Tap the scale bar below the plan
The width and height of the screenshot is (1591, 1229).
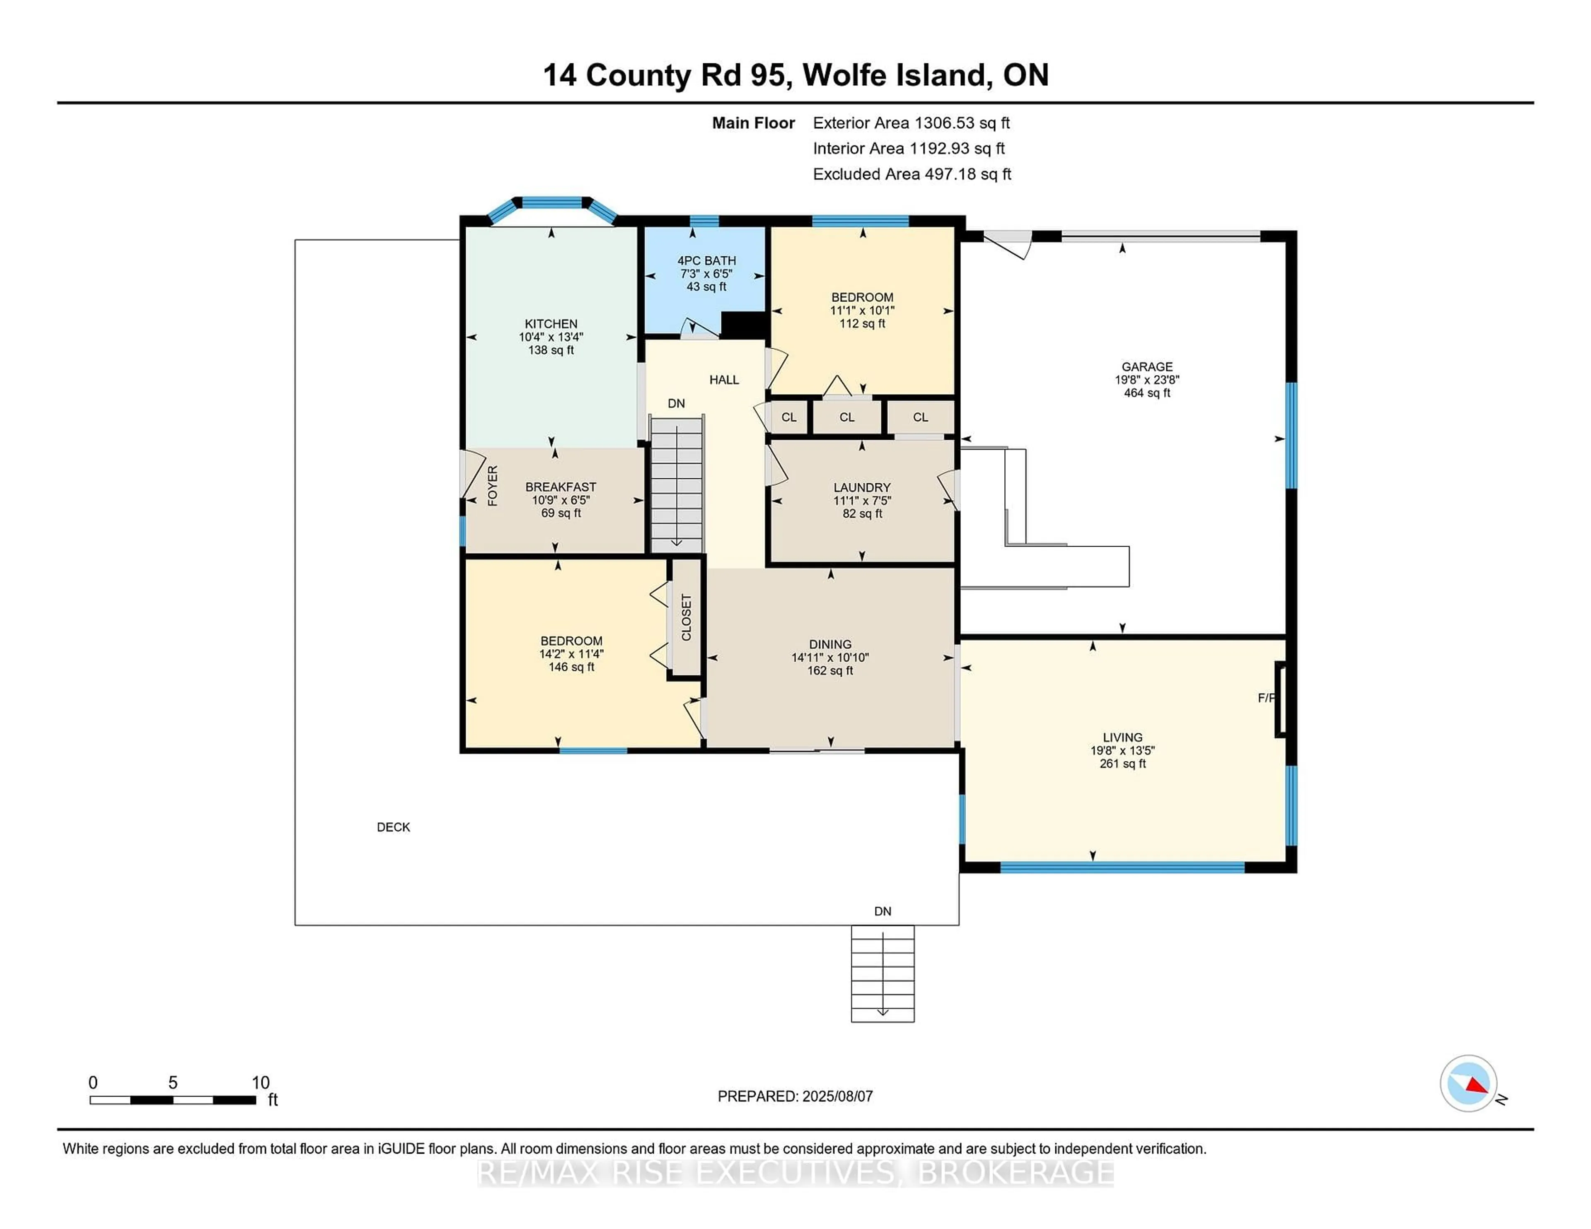pos(173,1100)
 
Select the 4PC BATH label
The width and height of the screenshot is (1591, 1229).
pos(706,260)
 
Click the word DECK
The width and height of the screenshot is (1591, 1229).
pos(393,827)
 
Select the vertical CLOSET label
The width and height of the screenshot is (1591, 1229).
pos(686,617)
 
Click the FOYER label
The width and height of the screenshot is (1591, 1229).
pos(493,486)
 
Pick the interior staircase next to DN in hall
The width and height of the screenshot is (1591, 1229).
pos(677,484)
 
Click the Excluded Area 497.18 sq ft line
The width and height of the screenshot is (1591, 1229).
pos(912,174)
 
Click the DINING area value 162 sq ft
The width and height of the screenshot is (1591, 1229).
pos(830,670)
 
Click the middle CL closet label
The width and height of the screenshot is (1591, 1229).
pos(846,418)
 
